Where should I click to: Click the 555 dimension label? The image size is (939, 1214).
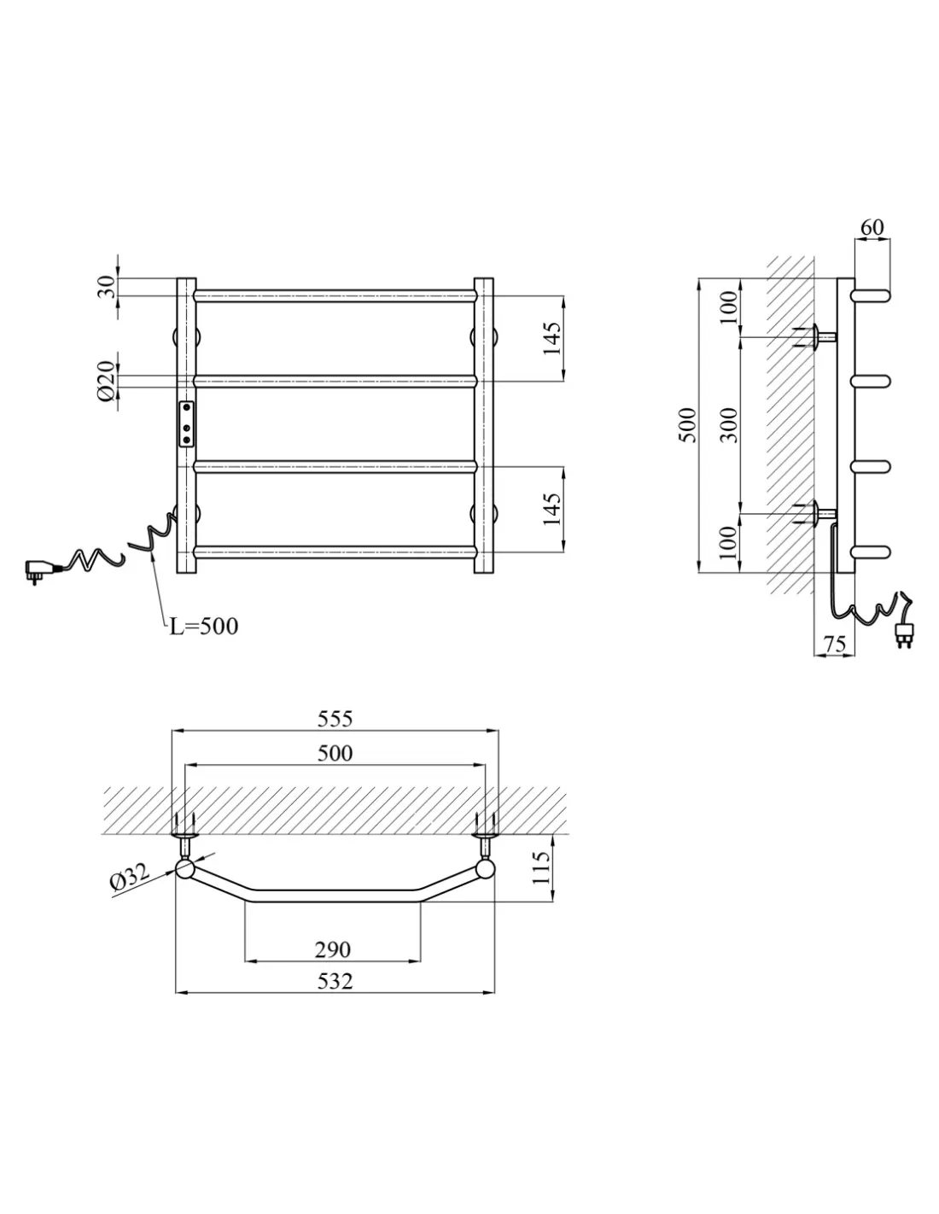click(335, 719)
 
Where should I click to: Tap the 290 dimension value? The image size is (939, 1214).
click(333, 949)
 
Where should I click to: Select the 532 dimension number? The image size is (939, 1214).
click(335, 981)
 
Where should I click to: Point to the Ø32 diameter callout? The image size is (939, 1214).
click(131, 877)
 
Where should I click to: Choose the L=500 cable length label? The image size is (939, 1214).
click(204, 627)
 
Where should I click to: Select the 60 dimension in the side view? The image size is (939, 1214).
click(872, 227)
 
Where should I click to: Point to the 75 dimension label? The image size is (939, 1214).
click(835, 644)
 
